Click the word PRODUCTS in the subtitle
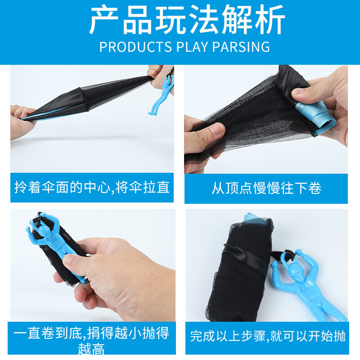click(135, 47)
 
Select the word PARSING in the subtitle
click(241, 47)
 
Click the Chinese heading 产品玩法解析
click(187, 19)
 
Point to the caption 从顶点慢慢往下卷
click(266, 188)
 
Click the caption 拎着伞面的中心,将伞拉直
click(92, 187)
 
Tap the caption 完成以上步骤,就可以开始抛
click(267, 336)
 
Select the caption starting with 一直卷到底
click(91, 339)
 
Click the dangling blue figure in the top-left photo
click(162, 94)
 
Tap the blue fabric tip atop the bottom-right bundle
click(252, 217)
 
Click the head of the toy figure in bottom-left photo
click(44, 229)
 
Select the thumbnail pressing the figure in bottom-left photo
click(69, 260)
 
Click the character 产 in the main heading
click(103, 19)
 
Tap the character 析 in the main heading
click(270, 19)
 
